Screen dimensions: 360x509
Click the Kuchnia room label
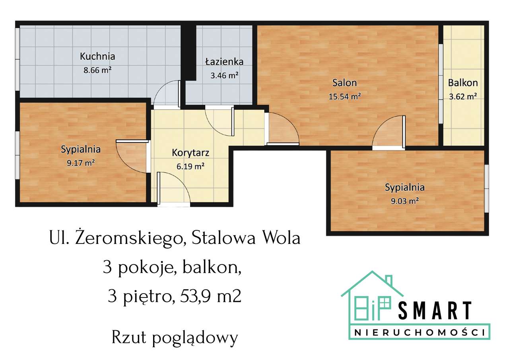pos(97,56)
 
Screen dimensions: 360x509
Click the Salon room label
pos(345,83)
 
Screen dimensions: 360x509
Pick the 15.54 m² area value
pos(345,96)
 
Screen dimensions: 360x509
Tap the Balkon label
pos(463,83)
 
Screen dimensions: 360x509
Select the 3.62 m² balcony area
pos(463,96)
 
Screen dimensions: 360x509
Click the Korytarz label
pos(190,153)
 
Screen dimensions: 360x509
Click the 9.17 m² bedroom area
pos(81,162)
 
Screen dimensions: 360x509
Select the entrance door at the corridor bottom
pos(174,189)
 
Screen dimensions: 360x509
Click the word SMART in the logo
pos(435,311)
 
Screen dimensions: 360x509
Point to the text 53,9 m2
pos(211,296)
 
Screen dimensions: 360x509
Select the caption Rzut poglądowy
pos(175,338)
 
